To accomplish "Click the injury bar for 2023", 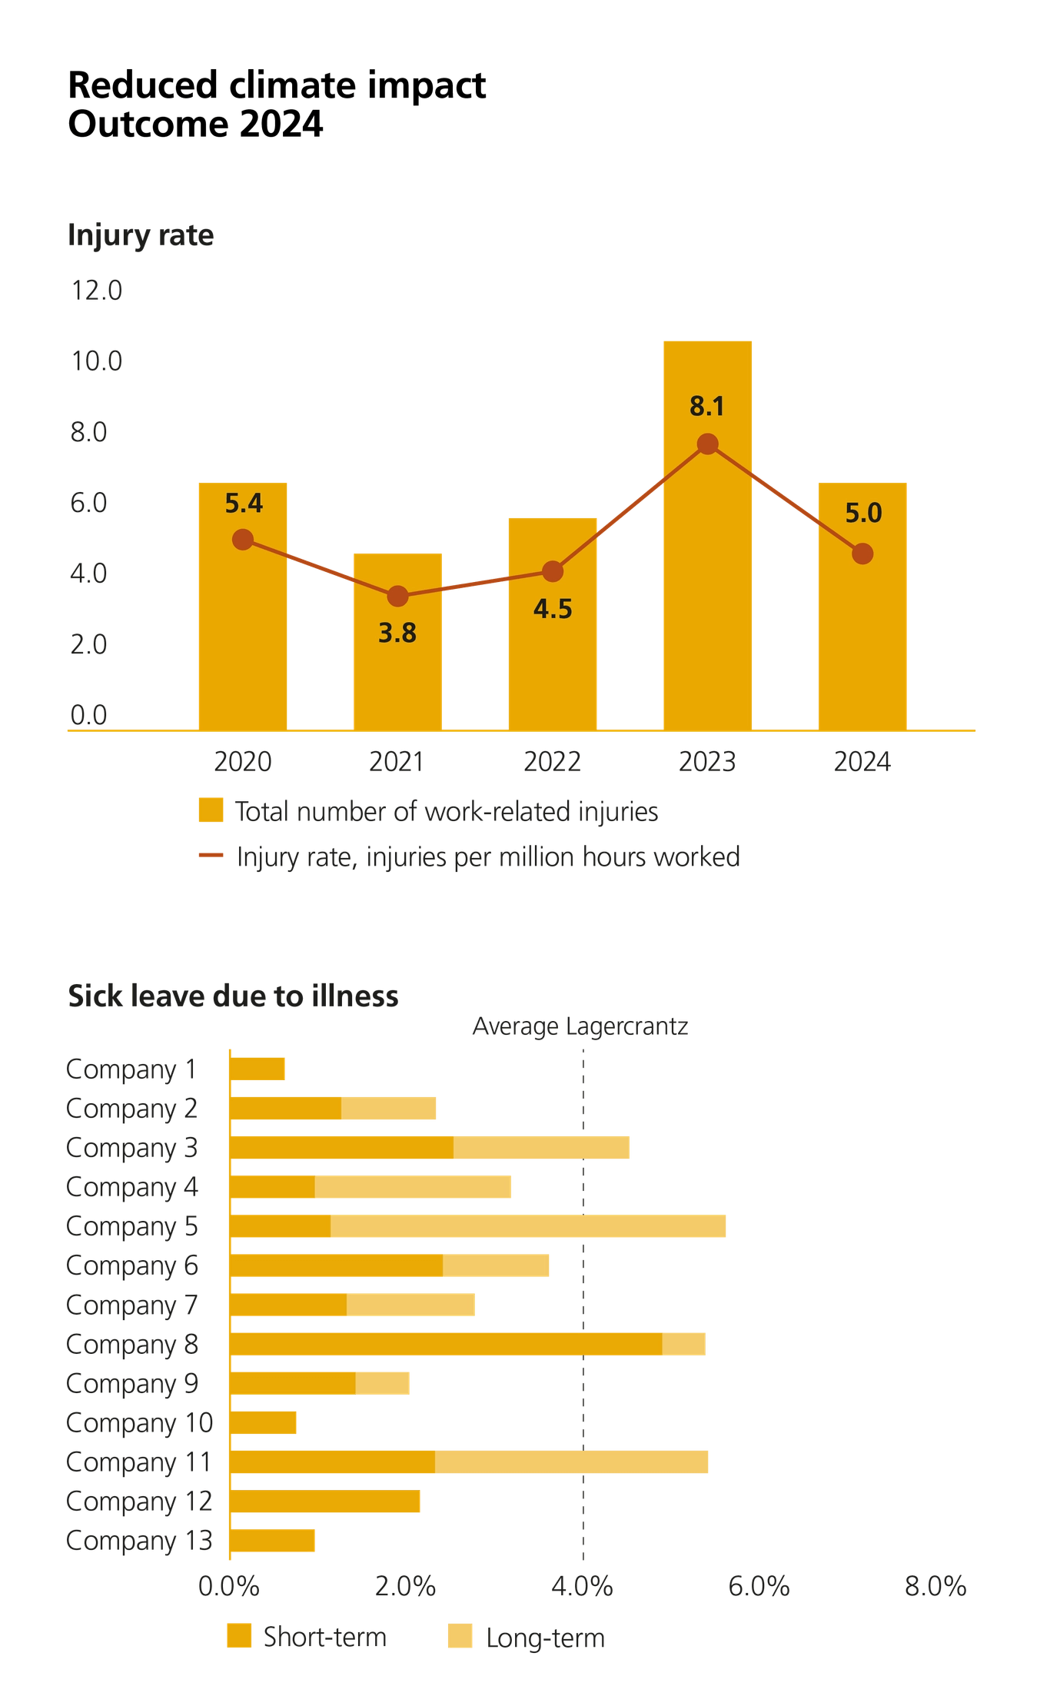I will coord(707,584).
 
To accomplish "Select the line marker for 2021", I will coord(397,596).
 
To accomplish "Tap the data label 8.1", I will coord(707,407).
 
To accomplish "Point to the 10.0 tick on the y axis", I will coord(97,361).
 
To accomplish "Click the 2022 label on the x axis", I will coord(552,762).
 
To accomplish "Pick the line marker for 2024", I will coord(862,554).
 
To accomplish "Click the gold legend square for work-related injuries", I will coord(211,811).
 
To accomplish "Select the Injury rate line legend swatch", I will coord(211,856).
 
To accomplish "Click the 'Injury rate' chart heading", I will coord(141,235).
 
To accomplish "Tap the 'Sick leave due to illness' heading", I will coord(233,996).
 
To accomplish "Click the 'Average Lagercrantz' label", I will coord(580,1026).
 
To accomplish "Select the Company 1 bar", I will coord(258,1069).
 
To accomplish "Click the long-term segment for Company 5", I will coord(529,1226).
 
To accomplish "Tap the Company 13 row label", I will coord(139,1541).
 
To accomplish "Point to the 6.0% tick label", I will coord(759,1587).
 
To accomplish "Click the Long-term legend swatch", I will coord(460,1637).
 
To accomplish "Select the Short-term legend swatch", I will coord(239,1637).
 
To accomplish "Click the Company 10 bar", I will coord(264,1423).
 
